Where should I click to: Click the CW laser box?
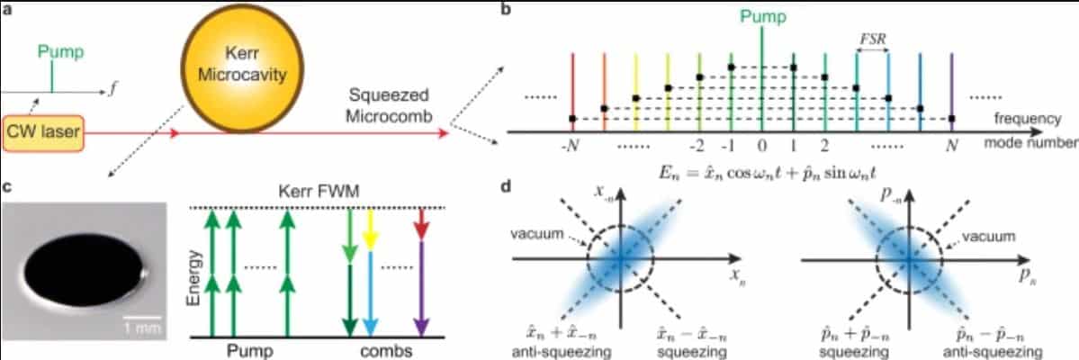(44, 132)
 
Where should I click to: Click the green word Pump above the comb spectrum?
(762, 15)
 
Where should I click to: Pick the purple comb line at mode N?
(951, 85)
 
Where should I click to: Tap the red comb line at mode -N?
(573, 85)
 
